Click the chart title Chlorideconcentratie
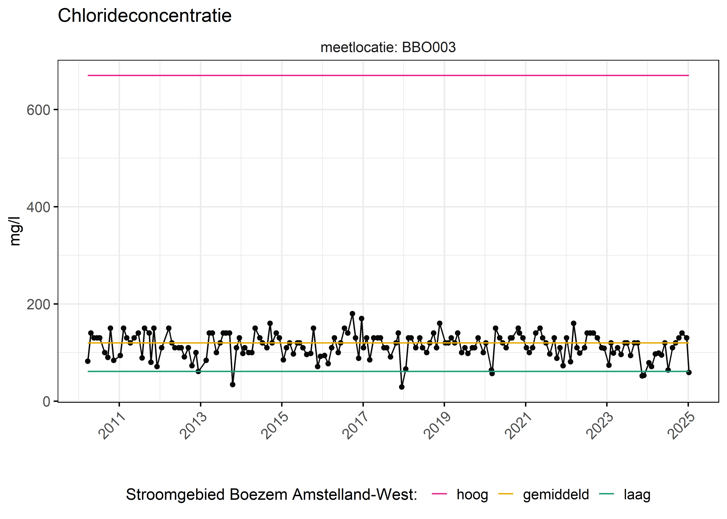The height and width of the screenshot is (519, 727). pos(144,16)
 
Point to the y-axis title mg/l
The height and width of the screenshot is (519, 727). pos(15,231)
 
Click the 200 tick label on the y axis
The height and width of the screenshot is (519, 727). pos(38,304)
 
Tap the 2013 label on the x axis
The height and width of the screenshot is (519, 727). pos(194,426)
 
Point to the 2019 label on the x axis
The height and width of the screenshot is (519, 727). pos(437,426)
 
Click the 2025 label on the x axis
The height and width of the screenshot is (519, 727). pos(682,426)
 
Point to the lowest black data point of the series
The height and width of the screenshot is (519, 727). pos(402,387)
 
